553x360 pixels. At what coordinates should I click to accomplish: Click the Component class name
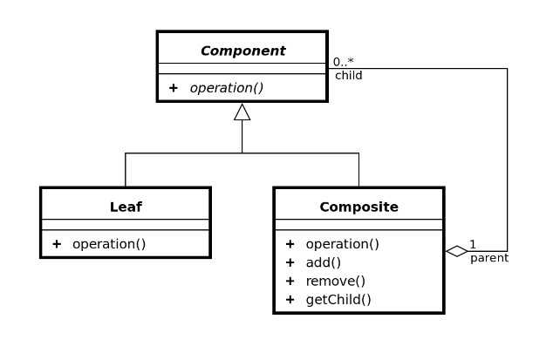[x=242, y=51]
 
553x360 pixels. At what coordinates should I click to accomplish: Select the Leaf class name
[x=126, y=207]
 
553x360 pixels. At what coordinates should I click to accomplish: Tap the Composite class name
[x=358, y=207]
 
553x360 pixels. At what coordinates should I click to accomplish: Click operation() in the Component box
[x=227, y=88]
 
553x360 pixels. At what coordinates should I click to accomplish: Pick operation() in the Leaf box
[x=109, y=244]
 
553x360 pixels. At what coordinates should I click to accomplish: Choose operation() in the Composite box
[x=343, y=244]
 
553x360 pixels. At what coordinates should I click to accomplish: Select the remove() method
[x=336, y=281]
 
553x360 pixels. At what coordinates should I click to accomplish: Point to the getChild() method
[x=338, y=300]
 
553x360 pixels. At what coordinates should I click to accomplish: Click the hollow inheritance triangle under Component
[x=242, y=112]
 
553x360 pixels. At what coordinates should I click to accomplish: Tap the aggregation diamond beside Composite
[x=456, y=251]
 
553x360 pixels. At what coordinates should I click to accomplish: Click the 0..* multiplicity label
[x=343, y=62]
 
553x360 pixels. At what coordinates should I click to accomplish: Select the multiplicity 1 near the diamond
[x=473, y=243]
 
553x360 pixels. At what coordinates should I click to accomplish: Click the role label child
[x=349, y=76]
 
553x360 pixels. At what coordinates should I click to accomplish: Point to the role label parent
[x=489, y=258]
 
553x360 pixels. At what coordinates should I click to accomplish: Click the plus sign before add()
[x=290, y=262]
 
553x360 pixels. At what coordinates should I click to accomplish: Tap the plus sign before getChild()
[x=290, y=300]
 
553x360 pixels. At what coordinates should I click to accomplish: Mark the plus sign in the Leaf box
[x=57, y=244]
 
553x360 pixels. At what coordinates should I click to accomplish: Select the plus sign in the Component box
[x=174, y=88]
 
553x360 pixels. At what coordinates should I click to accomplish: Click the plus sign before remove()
[x=290, y=281]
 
